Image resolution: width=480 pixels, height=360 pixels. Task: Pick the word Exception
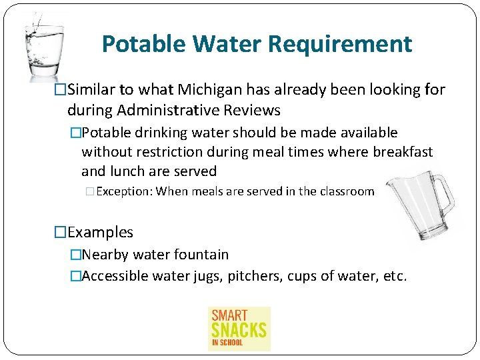tap(124, 191)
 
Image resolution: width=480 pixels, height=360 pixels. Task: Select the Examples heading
tap(100, 232)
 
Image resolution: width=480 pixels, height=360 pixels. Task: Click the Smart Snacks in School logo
tap(239, 328)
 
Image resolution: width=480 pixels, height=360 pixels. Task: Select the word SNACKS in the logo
tap(239, 329)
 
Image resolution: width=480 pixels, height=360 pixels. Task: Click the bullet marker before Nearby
tap(75, 255)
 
